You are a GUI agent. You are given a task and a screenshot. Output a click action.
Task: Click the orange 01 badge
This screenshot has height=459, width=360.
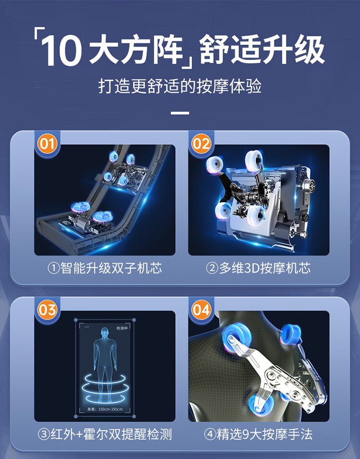coord(47,144)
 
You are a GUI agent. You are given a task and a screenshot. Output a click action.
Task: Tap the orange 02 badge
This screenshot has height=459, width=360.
coord(201,144)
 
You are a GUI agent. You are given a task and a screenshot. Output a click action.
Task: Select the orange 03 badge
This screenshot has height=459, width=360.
coord(47,310)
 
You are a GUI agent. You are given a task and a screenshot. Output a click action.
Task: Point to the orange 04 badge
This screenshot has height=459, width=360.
coord(201,310)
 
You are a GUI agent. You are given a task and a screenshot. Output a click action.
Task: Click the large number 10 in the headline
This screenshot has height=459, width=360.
coord(61,50)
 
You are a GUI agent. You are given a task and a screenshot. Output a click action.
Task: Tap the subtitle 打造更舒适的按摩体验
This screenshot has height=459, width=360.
coord(180,86)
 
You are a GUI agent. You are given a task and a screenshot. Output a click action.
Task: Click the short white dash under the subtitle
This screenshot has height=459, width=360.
coord(180,113)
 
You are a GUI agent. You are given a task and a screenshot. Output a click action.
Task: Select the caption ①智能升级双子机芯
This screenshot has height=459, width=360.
coord(105,268)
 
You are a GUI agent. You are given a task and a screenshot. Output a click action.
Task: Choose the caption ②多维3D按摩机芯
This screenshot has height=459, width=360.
coord(258,268)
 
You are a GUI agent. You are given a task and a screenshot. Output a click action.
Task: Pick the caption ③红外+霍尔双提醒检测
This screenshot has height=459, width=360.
coord(105,434)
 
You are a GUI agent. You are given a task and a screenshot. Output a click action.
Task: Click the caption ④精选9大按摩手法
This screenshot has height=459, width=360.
coord(258,434)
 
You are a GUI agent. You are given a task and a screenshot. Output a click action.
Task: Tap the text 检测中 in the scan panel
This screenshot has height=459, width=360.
coord(122,328)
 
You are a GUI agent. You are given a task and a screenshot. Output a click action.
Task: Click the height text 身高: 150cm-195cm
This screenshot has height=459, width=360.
coord(105,409)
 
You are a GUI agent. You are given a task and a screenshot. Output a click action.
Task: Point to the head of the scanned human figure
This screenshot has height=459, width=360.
coord(105,333)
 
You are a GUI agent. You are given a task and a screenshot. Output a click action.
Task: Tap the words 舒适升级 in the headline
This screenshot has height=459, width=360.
coord(262,49)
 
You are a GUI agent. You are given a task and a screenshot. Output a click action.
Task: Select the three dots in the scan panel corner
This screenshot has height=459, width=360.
coord(87,327)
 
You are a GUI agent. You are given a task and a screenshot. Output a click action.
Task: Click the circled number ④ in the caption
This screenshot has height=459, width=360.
coord(210,435)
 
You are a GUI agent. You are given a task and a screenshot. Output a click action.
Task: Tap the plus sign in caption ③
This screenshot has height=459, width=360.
coord(79,435)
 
